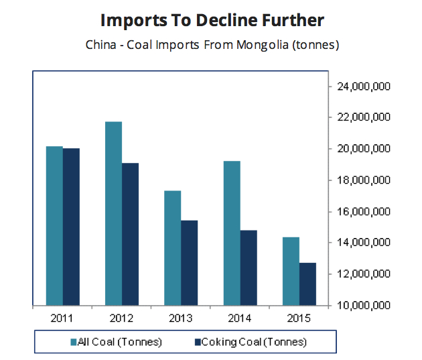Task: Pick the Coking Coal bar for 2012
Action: click(x=130, y=234)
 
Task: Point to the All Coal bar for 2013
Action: click(x=172, y=248)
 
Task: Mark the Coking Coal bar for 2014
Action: click(x=248, y=267)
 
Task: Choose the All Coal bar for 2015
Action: click(x=291, y=271)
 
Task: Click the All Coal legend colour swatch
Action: click(x=74, y=343)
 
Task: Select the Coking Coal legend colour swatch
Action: click(x=198, y=343)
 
